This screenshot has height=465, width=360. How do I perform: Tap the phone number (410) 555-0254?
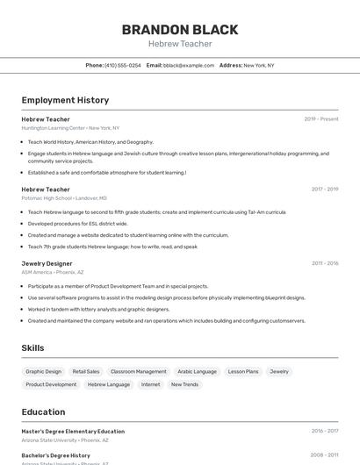(x=122, y=65)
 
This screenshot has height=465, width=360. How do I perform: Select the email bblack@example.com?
(x=189, y=65)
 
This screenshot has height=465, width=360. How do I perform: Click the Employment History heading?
(x=65, y=100)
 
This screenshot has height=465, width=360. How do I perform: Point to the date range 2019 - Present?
(x=321, y=119)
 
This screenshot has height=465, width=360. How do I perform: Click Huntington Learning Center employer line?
(x=70, y=128)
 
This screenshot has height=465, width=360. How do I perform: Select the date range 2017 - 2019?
(x=325, y=189)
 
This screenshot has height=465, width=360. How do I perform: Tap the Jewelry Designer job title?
(x=47, y=263)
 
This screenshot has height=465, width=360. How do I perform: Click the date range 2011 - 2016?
(x=325, y=263)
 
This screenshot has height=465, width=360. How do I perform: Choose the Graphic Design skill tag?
(x=44, y=371)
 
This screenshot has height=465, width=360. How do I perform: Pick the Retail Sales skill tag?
(x=86, y=371)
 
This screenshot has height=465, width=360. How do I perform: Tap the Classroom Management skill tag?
(x=138, y=371)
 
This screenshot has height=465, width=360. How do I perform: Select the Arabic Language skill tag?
(x=197, y=371)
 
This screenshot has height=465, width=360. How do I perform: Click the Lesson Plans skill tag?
(x=243, y=371)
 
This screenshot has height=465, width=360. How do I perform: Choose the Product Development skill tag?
(x=51, y=384)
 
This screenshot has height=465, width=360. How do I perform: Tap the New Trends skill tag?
(x=184, y=384)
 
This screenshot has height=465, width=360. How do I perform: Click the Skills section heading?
(x=32, y=348)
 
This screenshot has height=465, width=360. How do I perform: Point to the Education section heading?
(x=43, y=411)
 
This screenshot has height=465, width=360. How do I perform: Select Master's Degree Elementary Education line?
(x=73, y=432)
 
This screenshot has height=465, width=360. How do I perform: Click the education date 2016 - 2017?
(x=325, y=432)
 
